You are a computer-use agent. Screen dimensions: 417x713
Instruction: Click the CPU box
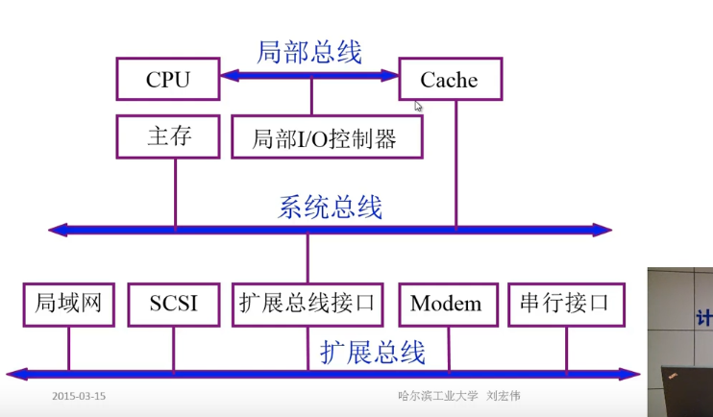(168, 79)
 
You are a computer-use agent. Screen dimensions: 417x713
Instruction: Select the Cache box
(450, 79)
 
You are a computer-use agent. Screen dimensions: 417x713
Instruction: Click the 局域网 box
(68, 304)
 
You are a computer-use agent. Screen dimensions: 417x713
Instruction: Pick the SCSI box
(174, 304)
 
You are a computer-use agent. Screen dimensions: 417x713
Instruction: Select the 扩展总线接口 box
(307, 304)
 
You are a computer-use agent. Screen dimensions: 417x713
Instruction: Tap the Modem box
(446, 304)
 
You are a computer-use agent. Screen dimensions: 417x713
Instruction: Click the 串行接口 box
(565, 304)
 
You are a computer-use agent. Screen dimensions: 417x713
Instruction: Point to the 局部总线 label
(309, 52)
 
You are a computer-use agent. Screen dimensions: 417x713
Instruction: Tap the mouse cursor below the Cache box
(419, 106)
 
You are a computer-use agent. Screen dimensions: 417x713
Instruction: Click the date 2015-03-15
(79, 396)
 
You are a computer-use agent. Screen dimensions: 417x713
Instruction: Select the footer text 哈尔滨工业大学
(438, 396)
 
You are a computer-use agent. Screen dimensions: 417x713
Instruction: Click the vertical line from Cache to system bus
(456, 163)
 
